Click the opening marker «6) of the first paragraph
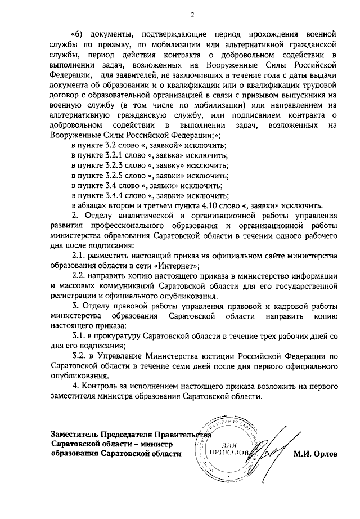point(79,33)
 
